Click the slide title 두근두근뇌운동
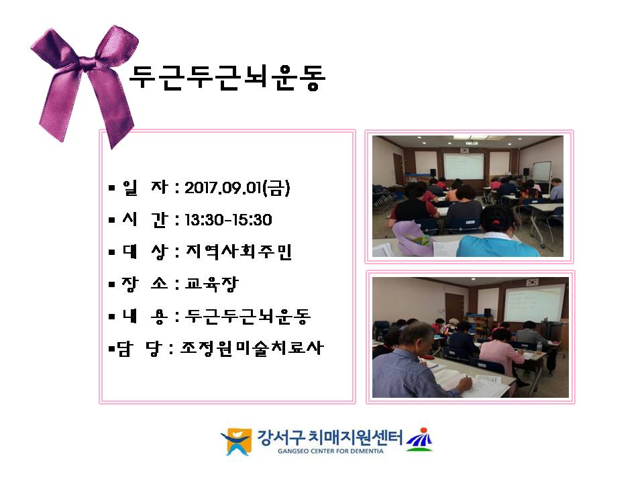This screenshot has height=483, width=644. [227, 77]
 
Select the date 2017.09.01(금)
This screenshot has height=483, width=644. [237, 188]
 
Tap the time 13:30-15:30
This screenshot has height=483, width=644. [228, 220]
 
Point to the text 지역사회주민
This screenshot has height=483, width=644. [239, 252]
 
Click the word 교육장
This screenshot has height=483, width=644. [211, 283]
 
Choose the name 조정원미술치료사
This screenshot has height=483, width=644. [252, 348]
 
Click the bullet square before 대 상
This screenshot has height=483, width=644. [112, 252]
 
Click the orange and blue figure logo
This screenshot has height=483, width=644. [236, 441]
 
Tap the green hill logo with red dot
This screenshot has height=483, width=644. [419, 439]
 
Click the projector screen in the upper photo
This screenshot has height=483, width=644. [464, 166]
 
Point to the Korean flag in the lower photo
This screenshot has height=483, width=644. [532, 282]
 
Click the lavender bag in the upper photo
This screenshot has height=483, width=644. [411, 237]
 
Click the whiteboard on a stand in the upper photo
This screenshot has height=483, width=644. [542, 172]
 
